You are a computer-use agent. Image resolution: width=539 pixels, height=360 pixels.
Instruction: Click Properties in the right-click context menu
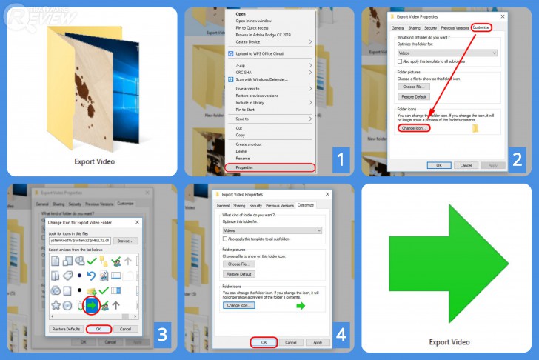(244, 168)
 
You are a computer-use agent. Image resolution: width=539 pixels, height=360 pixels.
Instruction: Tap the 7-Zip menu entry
(241, 66)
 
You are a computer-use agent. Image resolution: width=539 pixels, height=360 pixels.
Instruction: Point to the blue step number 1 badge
(340, 159)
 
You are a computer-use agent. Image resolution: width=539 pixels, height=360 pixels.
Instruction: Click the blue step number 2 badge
(517, 159)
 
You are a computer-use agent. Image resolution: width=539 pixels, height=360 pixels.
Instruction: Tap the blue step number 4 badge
(340, 335)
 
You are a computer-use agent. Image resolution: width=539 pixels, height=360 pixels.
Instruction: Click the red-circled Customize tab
(481, 27)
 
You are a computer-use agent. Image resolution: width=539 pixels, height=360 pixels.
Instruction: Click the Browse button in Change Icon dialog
(124, 241)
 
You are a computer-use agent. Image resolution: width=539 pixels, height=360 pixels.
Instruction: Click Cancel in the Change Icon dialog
(124, 329)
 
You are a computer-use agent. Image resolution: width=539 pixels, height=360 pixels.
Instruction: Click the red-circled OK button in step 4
(264, 343)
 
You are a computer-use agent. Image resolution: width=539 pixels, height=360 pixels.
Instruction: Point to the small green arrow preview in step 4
(301, 305)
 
